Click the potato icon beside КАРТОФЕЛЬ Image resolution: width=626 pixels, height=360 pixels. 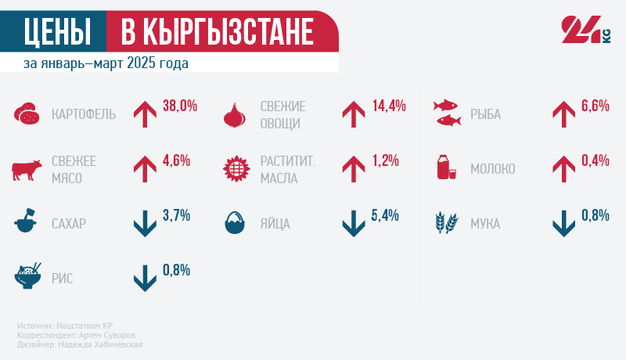(27, 114)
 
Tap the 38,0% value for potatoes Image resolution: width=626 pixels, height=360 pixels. (179, 106)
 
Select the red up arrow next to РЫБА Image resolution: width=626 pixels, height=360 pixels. (564, 114)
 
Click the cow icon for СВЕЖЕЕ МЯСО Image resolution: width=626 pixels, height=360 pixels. (27, 169)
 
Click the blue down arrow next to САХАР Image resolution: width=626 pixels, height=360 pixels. (145, 224)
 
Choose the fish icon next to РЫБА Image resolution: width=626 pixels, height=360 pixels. (448, 114)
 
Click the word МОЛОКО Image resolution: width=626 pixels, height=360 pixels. (492, 169)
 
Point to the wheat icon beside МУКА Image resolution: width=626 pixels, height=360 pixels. (446, 224)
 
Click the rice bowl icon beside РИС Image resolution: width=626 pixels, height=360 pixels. (28, 276)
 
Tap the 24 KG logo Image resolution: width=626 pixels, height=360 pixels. (585, 31)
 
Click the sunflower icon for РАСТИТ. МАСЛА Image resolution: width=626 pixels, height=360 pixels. (236, 169)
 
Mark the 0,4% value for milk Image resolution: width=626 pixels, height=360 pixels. (595, 160)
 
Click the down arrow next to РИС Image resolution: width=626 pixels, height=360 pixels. (145, 279)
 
